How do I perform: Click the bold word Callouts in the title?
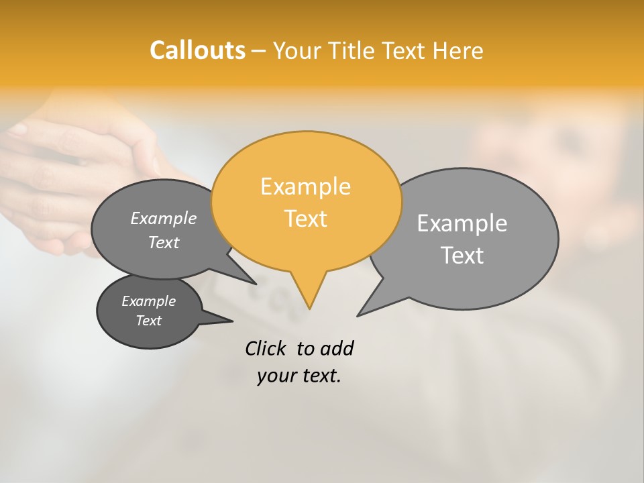tap(197, 50)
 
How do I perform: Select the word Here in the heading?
tap(458, 50)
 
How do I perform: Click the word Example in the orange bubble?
tap(305, 186)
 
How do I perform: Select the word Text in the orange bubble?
tap(306, 219)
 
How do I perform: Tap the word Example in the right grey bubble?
tap(462, 223)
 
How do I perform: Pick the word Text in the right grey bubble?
tap(462, 256)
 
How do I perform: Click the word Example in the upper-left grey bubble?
tap(163, 218)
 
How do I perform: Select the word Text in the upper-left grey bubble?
tap(163, 242)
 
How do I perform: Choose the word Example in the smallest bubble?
tap(148, 301)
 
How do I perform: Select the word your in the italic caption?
tap(275, 376)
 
